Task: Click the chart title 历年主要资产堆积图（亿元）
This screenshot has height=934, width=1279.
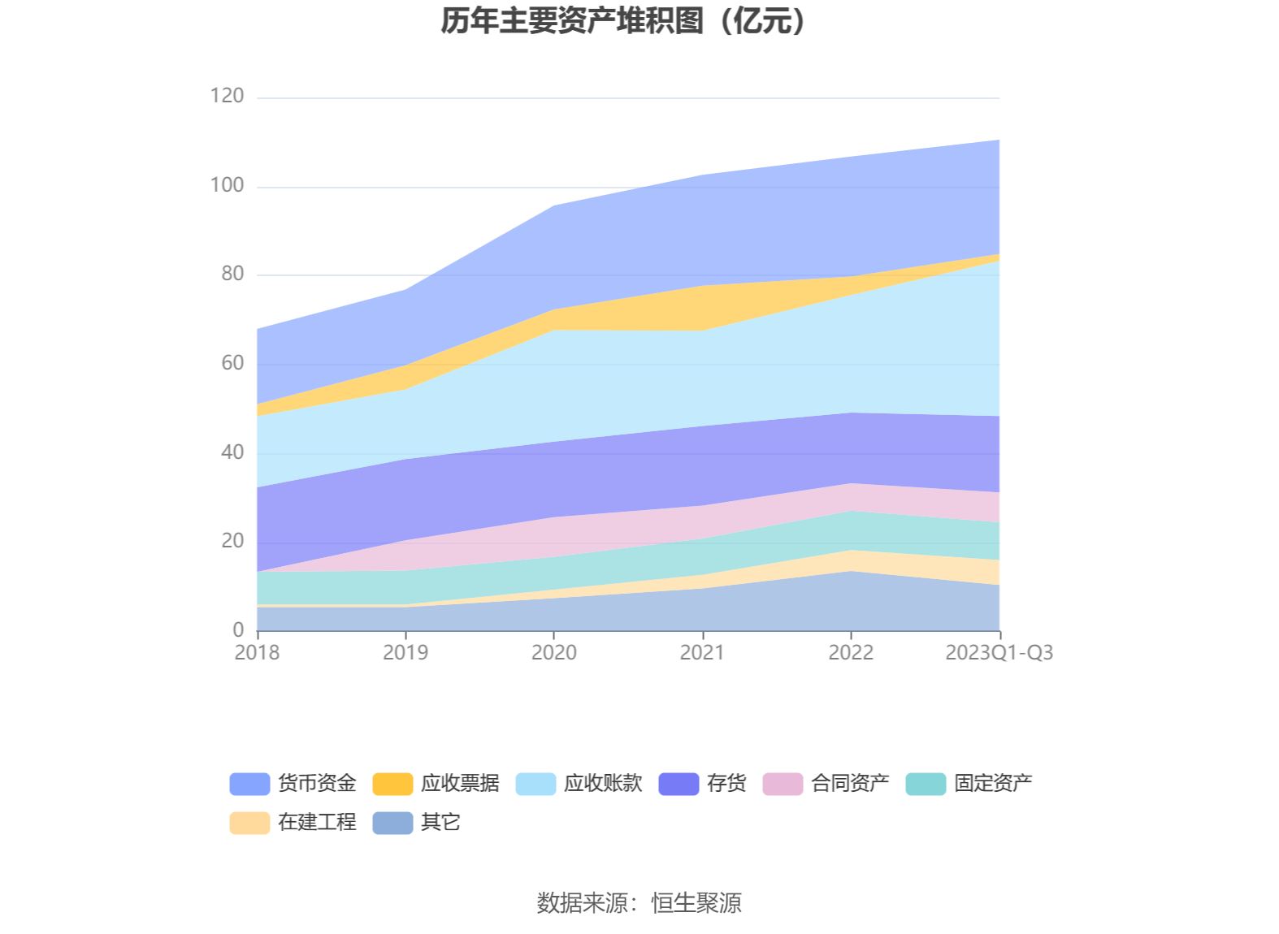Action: click(623, 21)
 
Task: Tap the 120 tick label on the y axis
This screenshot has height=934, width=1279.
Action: click(227, 96)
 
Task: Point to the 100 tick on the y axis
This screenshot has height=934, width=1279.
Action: click(227, 185)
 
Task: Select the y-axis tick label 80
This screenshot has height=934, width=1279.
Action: click(232, 274)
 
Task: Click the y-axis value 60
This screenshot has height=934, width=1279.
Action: click(232, 363)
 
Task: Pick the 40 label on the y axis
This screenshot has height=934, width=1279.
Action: click(232, 452)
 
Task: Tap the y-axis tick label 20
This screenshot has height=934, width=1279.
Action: click(232, 541)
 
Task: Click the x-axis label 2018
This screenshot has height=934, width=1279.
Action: click(257, 653)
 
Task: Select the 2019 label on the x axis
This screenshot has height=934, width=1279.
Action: click(405, 653)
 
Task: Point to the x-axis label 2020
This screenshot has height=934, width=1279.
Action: click(554, 653)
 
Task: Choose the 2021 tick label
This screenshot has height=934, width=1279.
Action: click(702, 653)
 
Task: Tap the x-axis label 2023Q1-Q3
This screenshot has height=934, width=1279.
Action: click(999, 653)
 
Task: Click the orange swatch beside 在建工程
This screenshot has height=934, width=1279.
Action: click(249, 823)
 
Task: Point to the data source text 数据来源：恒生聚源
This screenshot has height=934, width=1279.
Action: click(639, 903)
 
